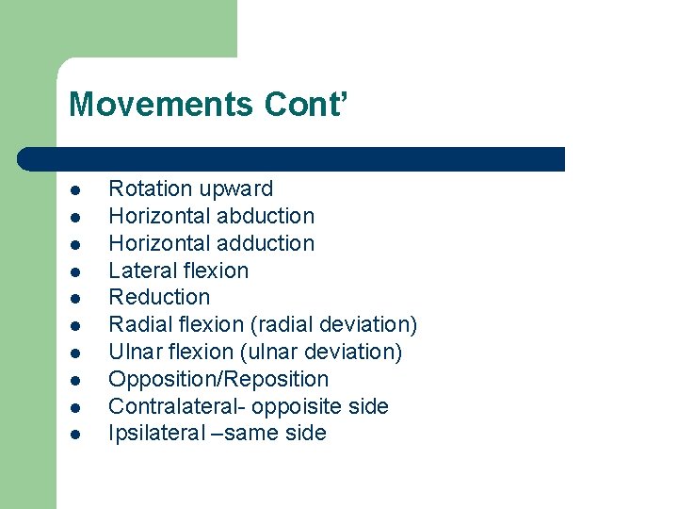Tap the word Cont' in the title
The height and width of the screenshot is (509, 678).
(306, 104)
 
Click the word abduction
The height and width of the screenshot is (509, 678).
(265, 216)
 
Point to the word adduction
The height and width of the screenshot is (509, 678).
(265, 243)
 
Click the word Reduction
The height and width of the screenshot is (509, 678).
(159, 297)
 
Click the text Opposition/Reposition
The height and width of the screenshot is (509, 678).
(218, 379)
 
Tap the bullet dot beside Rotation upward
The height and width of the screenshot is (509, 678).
(73, 190)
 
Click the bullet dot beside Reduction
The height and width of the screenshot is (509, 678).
(73, 299)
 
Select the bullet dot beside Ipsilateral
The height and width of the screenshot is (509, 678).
(73, 435)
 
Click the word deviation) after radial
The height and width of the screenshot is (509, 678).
(367, 324)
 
